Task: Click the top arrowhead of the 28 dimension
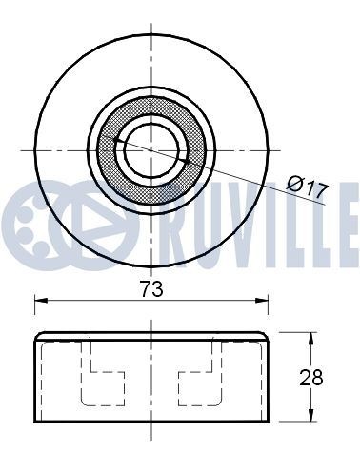point(310,337)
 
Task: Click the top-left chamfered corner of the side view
point(39,336)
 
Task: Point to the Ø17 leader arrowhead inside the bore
point(117,140)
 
